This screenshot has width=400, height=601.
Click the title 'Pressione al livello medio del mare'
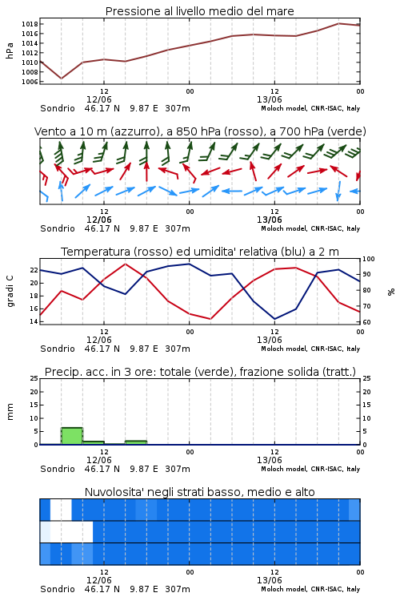[199, 11]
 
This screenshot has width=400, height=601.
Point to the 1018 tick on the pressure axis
[30, 24]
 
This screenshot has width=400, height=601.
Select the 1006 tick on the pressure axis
[30, 82]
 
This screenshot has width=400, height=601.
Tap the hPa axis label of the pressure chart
[10, 50]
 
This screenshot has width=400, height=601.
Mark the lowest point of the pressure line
[62, 79]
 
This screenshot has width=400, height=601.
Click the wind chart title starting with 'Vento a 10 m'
[200, 131]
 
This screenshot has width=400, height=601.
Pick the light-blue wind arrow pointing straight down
[338, 191]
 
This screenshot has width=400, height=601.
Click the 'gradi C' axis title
[10, 292]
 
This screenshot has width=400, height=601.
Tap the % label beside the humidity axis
[391, 292]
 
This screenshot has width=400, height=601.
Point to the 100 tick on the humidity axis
[369, 259]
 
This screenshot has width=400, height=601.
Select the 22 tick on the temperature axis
[34, 270]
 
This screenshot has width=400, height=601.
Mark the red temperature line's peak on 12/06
[125, 264]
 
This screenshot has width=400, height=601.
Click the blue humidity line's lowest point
[274, 319]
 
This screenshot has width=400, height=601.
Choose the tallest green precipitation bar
[72, 436]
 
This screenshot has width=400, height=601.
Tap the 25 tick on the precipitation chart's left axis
[34, 378]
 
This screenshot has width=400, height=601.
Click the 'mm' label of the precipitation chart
[10, 412]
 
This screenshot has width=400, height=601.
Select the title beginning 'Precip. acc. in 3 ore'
[200, 372]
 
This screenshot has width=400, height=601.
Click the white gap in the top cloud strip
[61, 510]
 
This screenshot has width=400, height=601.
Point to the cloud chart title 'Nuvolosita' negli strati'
[199, 492]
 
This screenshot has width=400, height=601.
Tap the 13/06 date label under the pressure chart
[269, 99]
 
